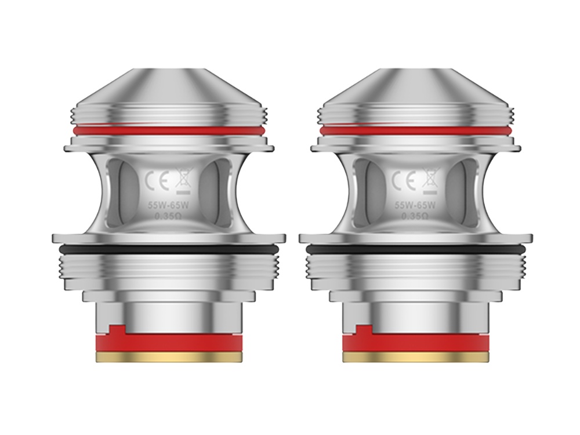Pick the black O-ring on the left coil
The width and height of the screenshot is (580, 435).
tap(168, 249)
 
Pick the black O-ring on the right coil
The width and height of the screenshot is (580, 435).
tap(415, 249)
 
